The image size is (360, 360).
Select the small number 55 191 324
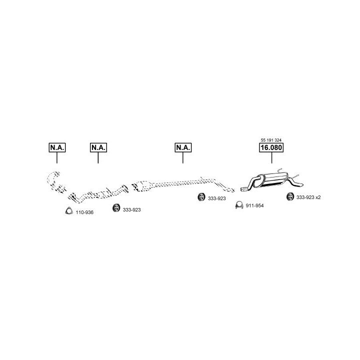pos(271,139)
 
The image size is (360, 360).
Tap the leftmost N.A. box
pos(57,147)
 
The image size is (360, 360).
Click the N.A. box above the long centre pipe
pos(183,147)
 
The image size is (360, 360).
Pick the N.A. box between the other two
pos(98,147)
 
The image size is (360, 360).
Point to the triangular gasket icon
pos(69,211)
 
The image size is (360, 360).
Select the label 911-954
pos(254,206)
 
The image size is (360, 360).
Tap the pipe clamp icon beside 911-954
pos(239,205)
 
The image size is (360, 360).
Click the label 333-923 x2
pos(308,197)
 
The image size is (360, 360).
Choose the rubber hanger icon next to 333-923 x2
pos(289,197)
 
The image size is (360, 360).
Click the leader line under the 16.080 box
pos(271,158)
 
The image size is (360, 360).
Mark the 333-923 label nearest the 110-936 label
pos(131,209)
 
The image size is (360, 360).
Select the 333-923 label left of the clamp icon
pos(217,198)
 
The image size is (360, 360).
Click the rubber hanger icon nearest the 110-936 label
pos(115,208)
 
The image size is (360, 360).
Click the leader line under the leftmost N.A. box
pos(57,158)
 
